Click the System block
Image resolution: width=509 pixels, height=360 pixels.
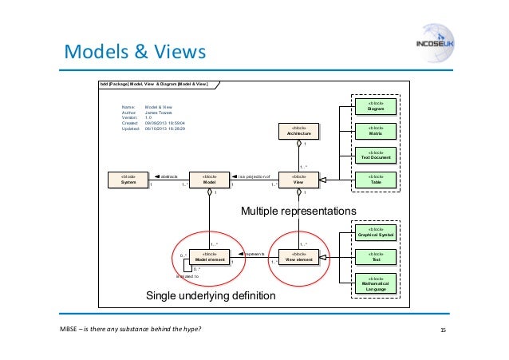point(128,180)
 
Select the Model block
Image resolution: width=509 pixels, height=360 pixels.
point(210,180)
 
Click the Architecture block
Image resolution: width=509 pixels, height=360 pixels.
point(299,131)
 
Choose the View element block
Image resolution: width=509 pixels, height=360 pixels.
point(299,257)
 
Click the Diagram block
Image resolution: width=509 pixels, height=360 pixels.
point(375,106)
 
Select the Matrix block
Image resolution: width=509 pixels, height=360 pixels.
point(375,131)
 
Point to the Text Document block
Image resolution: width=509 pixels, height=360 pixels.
point(375,156)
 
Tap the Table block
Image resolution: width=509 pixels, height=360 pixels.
point(375,180)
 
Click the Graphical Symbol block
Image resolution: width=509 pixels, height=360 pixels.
point(375,232)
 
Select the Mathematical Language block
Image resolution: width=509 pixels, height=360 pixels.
point(375,283)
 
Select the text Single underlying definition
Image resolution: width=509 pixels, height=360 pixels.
point(210,296)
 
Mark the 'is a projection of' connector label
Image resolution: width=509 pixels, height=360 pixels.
point(254,176)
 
